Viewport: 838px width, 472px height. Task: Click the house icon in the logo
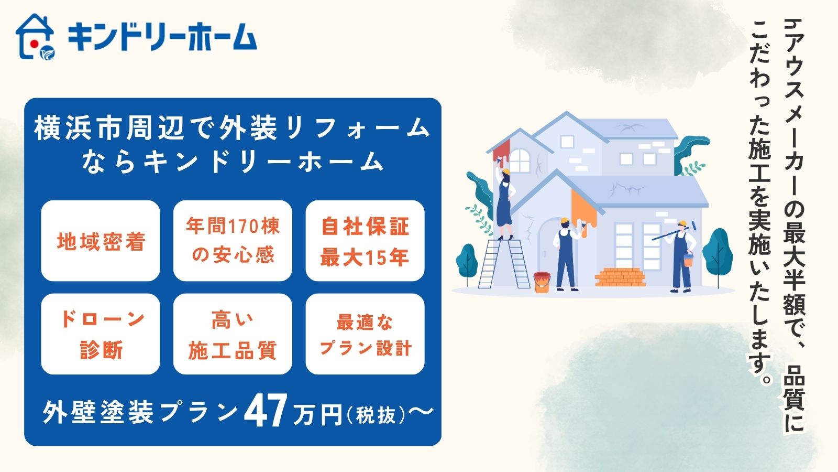[x=35, y=37]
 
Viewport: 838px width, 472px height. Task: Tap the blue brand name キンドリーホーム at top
[x=162, y=37]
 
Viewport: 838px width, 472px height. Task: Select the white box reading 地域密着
[x=100, y=241]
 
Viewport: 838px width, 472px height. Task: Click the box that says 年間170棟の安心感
[x=233, y=241]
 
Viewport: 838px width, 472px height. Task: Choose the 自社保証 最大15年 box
[x=365, y=241]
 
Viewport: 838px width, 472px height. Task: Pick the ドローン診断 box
[x=100, y=334]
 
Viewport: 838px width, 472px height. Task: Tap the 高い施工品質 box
[x=233, y=334]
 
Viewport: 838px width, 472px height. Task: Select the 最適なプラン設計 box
[x=365, y=334]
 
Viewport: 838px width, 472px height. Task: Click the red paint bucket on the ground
[x=542, y=282]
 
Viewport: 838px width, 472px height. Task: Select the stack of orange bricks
[x=620, y=277]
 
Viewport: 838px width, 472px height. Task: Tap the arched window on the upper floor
[x=520, y=160]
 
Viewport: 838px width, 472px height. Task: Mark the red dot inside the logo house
[x=33, y=43]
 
